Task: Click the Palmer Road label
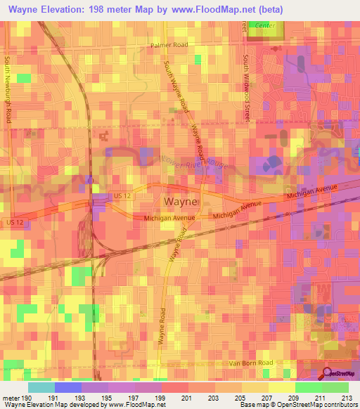click(x=169, y=44)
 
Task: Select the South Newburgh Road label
click(x=9, y=89)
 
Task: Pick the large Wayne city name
click(x=181, y=202)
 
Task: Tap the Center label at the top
click(x=265, y=25)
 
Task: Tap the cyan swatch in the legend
click(x=41, y=387)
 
